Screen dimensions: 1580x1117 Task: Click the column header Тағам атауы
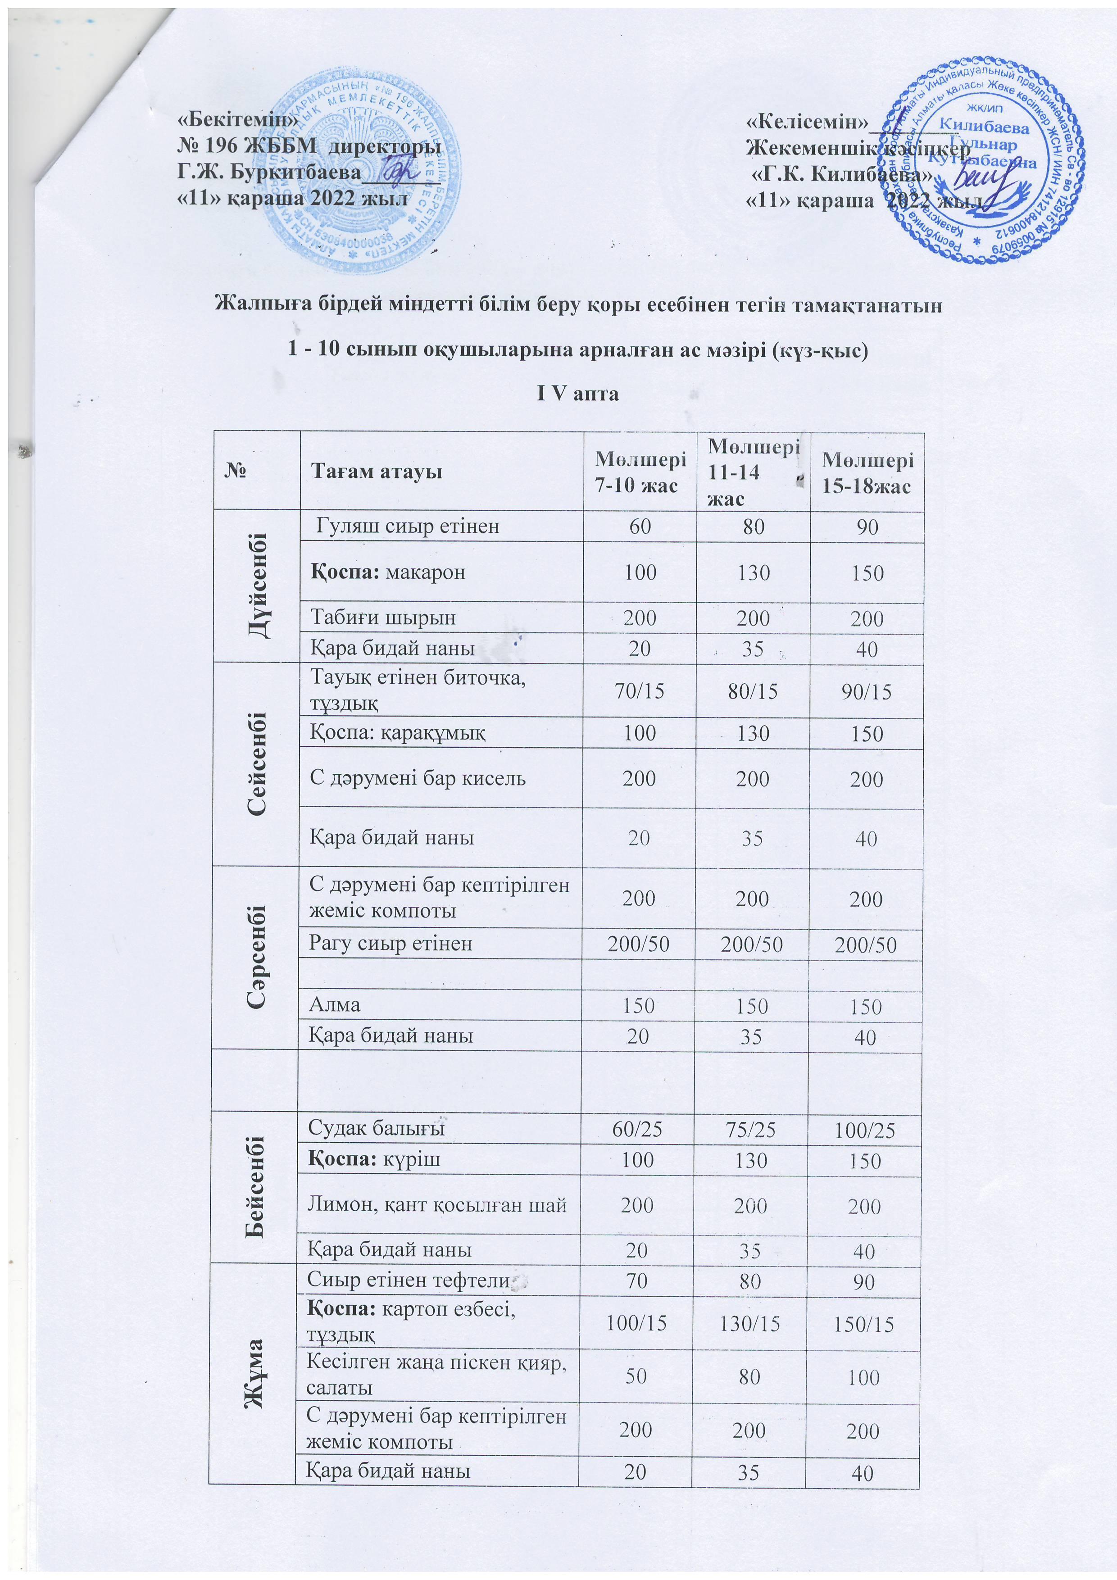[376, 472]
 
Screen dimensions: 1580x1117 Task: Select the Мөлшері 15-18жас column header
[867, 472]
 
